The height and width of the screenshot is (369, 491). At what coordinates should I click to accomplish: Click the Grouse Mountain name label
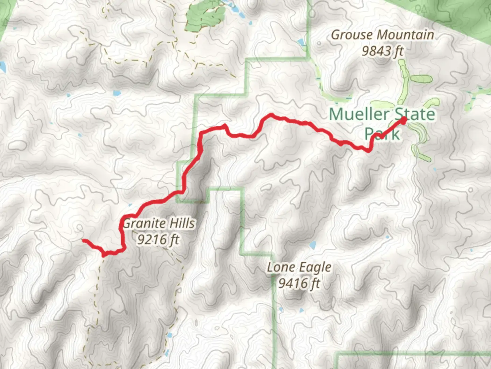pyautogui.click(x=383, y=35)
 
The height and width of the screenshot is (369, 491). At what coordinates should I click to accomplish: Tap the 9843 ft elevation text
pyautogui.click(x=383, y=51)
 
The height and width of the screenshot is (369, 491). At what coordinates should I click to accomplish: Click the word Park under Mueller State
pyautogui.click(x=382, y=133)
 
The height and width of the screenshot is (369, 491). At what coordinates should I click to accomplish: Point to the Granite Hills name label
pyautogui.click(x=159, y=223)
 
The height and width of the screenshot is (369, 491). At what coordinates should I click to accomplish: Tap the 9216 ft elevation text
pyautogui.click(x=158, y=240)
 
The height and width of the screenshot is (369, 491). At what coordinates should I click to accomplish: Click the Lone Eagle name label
pyautogui.click(x=299, y=268)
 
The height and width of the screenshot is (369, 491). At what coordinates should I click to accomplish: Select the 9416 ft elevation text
pyautogui.click(x=299, y=283)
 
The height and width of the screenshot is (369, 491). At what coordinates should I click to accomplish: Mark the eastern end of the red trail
pyautogui.click(x=404, y=120)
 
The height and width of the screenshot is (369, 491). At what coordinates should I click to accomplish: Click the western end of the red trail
pyautogui.click(x=84, y=241)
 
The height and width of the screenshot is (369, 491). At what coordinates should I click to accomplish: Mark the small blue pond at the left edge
pyautogui.click(x=3, y=67)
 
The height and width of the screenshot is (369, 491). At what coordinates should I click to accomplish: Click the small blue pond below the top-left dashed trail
pyautogui.click(x=117, y=93)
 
